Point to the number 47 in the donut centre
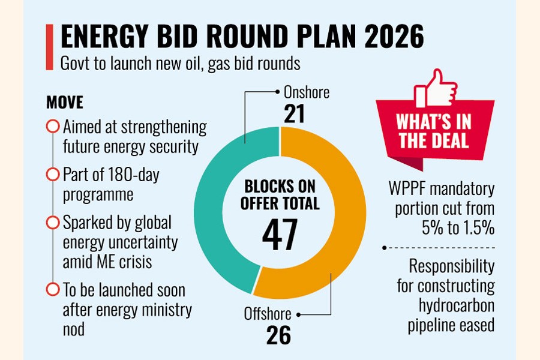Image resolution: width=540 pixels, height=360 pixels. tap(280, 232)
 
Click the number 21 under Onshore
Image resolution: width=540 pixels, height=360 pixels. tap(294, 115)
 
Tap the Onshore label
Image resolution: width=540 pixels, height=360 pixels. tap(306, 93)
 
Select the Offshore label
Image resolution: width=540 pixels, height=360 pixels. tap(268, 313)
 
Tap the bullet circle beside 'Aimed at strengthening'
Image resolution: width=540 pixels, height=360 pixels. tap(53, 127)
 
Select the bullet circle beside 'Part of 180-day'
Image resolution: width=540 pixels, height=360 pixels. tap(53, 175)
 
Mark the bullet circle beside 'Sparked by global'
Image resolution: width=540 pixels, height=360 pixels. tap(53, 223)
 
